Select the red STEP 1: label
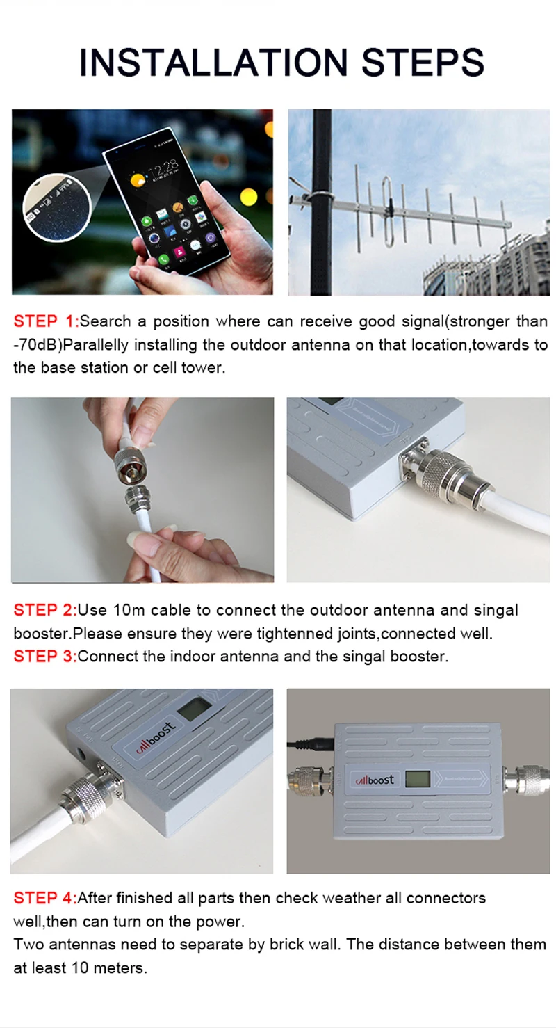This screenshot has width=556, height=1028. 46,321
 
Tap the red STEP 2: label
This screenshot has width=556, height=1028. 45,611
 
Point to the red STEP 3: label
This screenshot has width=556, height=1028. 45,657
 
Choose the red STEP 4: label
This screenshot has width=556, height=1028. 45,898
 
